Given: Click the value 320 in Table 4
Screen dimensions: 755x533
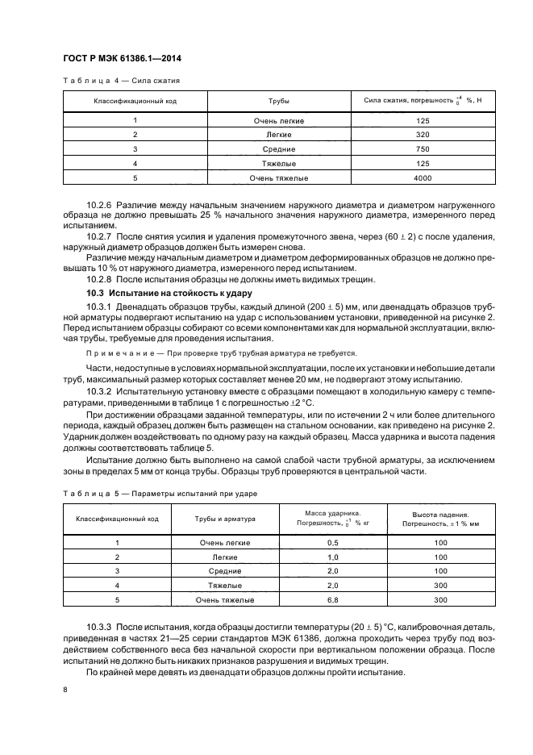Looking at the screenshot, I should (423, 135).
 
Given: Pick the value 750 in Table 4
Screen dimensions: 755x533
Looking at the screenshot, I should (423, 149).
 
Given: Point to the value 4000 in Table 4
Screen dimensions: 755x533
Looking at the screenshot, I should (423, 177).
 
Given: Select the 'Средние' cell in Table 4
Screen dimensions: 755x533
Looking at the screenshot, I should (278, 149).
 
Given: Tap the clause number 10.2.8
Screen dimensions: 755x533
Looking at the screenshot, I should (100, 279).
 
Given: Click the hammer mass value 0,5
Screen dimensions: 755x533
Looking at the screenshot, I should (332, 543).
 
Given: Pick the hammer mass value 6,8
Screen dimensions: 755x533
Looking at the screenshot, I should (332, 600).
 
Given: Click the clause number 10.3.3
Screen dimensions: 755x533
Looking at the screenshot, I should (100, 627).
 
